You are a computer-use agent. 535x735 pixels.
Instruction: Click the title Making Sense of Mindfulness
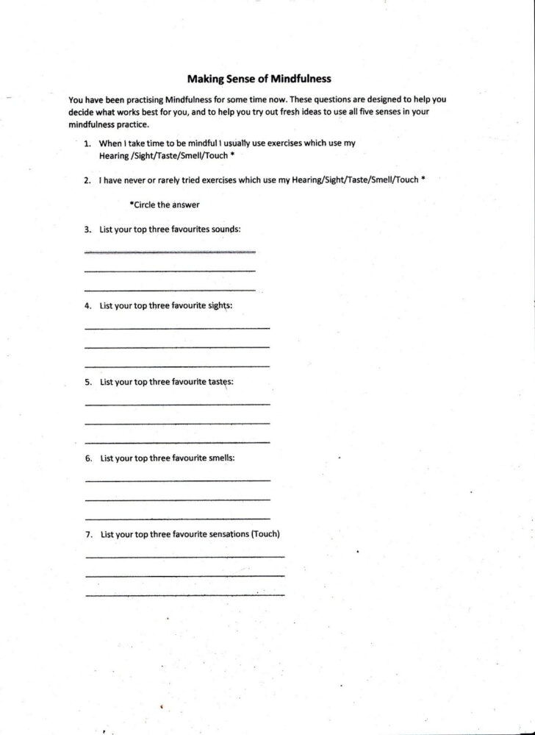259,78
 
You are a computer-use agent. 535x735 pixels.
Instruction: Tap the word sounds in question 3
225,229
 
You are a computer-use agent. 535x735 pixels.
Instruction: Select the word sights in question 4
218,305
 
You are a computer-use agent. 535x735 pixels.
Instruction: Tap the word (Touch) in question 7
265,534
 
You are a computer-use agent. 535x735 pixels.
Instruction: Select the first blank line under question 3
170,252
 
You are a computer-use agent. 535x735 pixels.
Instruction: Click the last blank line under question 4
177,366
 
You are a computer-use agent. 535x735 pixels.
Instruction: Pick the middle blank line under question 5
177,423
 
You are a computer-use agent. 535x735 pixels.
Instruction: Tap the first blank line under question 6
177,480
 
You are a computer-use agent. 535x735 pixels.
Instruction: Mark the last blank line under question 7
184,594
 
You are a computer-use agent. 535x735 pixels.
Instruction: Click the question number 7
88,534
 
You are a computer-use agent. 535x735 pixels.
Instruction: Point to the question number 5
87,382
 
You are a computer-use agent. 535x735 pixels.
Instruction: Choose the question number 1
87,143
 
